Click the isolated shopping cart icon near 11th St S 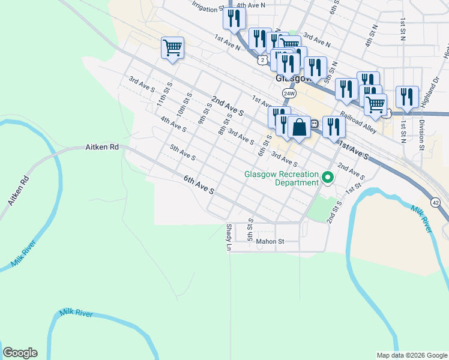pos(172,47)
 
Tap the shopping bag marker pos(299,127)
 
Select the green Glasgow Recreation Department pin pos(327,178)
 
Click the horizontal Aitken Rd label pos(101,146)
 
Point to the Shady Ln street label pos(229,237)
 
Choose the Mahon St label pos(269,242)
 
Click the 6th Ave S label pos(199,184)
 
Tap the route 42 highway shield pos(436,203)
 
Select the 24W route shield pos(289,94)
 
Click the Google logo pos(20,353)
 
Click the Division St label pos(422,134)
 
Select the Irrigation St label pos(207,6)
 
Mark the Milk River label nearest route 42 pos(422,218)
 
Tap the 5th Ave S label pos(182,152)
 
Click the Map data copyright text pos(411,355)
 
